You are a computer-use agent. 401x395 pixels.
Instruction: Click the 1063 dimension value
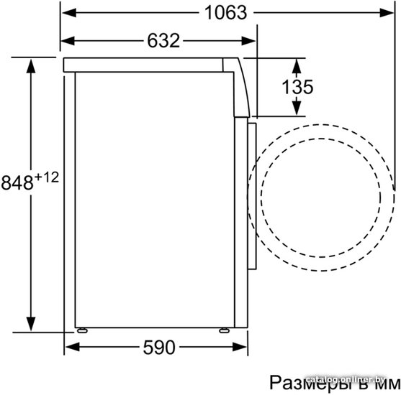click(x=226, y=13)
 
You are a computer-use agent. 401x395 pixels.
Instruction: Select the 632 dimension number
click(x=163, y=40)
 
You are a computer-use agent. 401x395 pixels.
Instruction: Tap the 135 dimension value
click(x=297, y=87)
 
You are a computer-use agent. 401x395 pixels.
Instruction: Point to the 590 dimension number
click(x=159, y=348)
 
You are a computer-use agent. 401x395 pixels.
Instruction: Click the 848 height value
click(x=17, y=182)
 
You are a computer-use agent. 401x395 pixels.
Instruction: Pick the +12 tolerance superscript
click(x=47, y=177)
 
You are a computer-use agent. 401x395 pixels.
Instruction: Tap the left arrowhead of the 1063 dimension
click(x=69, y=13)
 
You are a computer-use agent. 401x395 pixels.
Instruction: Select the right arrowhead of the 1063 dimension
click(x=387, y=13)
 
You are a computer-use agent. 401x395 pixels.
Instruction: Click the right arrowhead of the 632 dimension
click(x=248, y=41)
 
